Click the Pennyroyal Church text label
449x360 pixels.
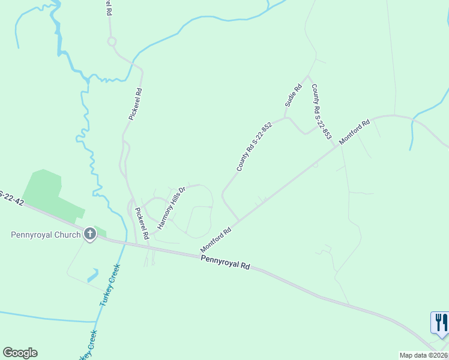pos(45,234)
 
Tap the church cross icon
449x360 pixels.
pos(90,233)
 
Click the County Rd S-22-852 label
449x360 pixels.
pos(254,147)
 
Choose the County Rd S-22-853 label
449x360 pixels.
pos(321,112)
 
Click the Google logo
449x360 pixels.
pos(20,353)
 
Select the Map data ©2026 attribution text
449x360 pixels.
pos(424,355)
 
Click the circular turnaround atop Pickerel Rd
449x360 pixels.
pos(111,41)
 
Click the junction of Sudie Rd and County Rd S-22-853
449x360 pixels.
pos(309,76)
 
